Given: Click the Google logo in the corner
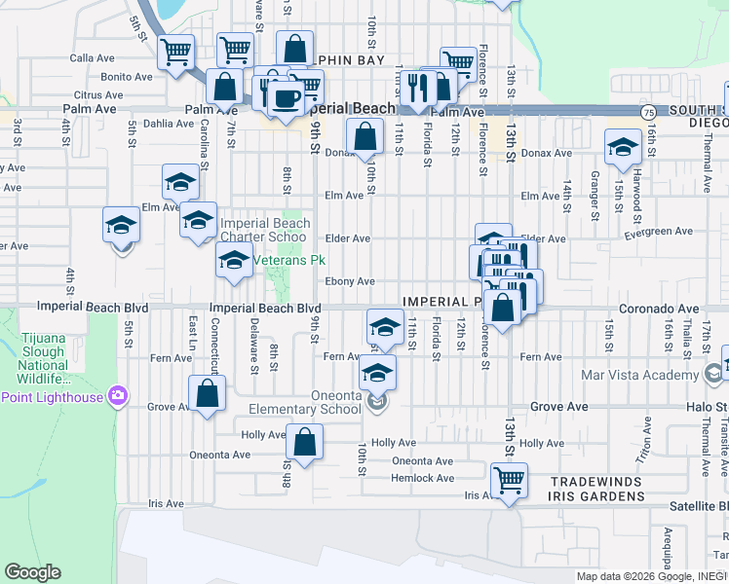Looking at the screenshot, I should [x=32, y=572].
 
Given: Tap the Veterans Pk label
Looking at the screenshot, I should [x=289, y=261].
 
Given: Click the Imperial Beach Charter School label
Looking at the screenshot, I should [x=264, y=230].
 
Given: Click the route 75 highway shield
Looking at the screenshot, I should [x=648, y=113].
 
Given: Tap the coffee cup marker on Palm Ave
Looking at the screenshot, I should [x=286, y=99].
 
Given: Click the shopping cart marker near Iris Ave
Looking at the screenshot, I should [x=509, y=479].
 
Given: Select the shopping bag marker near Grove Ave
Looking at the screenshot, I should [x=208, y=393].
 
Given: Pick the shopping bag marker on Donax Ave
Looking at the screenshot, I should [x=365, y=136].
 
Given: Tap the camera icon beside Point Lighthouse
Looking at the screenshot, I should [x=118, y=395].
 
